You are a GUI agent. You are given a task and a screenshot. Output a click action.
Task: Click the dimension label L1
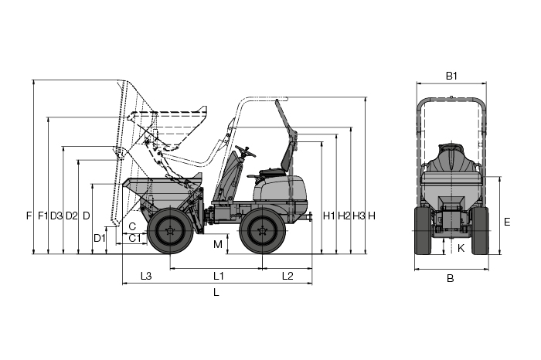click(x=219, y=276)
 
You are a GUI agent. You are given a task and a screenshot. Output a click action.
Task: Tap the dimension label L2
click(x=288, y=276)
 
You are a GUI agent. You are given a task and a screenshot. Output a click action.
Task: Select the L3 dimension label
click(x=146, y=276)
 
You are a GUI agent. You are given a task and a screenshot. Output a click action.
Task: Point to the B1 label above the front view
click(x=451, y=76)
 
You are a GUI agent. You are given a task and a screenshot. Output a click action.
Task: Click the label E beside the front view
click(x=507, y=222)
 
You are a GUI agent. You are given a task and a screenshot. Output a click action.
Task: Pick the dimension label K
click(x=461, y=248)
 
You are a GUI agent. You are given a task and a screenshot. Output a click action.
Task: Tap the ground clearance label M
click(x=218, y=244)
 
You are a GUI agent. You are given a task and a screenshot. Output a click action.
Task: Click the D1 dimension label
click(x=100, y=238)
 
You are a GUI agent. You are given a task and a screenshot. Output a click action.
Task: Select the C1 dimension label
click(x=134, y=238)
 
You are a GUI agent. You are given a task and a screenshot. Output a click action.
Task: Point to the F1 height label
click(x=43, y=216)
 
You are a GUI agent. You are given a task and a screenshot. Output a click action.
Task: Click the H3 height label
click(x=359, y=216)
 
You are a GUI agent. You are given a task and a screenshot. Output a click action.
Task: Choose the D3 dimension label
click(x=56, y=216)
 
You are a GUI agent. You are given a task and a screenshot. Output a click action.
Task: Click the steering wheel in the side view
click(x=245, y=151)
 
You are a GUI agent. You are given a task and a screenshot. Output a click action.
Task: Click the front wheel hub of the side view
click(x=171, y=231)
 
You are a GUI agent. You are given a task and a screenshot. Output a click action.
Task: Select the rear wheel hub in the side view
click(x=263, y=231)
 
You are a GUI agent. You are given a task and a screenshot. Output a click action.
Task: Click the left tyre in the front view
click(x=423, y=231)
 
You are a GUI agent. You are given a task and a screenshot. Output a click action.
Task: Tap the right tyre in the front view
click(x=480, y=231)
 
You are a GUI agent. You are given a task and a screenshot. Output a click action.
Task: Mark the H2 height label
click(x=344, y=216)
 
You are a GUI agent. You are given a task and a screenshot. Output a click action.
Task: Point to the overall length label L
click(x=216, y=293)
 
